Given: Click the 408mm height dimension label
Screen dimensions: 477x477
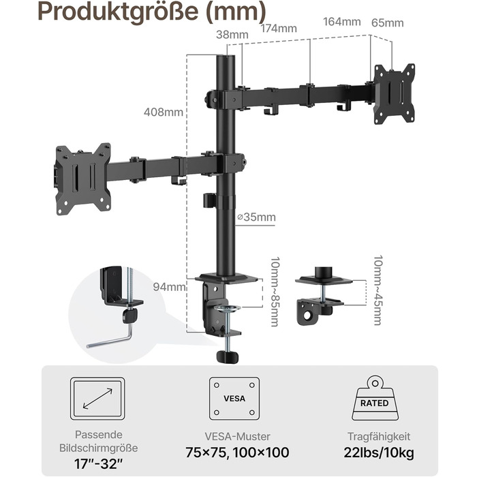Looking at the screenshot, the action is tap(164, 112).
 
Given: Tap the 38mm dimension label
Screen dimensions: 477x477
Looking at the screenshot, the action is tap(232, 35).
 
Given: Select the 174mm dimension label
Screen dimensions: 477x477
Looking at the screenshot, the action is tap(279, 29).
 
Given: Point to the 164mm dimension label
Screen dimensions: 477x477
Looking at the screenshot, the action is tap(342, 22).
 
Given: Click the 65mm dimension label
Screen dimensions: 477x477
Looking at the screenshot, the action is tap(388, 22).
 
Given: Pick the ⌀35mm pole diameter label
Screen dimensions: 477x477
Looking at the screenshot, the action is tap(256, 217).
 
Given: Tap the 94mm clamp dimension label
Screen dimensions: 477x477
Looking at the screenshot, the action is tap(169, 287).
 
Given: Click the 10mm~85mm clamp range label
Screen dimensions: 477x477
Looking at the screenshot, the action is tap(275, 292).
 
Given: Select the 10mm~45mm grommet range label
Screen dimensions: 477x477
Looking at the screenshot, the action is tap(378, 290).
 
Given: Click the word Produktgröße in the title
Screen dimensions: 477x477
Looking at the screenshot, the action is tap(119, 12).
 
